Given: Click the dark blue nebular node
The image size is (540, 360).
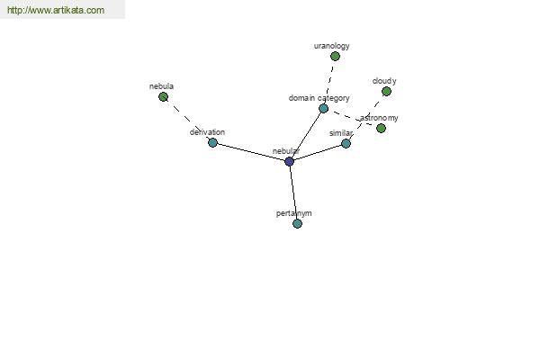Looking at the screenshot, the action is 289,161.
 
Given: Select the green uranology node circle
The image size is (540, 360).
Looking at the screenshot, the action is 335,56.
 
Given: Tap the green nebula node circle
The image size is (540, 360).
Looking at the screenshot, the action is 163,97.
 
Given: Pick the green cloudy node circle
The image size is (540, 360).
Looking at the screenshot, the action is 386,91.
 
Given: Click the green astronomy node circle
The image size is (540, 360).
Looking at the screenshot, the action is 381,128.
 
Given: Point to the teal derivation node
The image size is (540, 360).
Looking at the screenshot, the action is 212,142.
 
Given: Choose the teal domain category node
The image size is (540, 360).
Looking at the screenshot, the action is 323,109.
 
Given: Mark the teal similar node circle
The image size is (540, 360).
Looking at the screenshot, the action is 346,143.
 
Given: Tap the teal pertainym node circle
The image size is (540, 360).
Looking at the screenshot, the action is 297,223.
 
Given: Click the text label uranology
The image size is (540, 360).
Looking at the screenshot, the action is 331,46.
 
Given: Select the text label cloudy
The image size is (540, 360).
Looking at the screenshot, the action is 384,81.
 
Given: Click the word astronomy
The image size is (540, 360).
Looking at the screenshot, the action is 379,118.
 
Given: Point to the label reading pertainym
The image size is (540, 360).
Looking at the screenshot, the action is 293,213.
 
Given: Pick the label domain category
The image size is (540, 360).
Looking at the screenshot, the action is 319,98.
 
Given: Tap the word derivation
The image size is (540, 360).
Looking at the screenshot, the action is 207,132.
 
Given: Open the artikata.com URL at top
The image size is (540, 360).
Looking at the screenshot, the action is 56,10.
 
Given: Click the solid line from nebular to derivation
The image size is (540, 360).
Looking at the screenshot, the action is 251,152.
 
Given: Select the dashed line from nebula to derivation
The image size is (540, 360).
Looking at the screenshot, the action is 188,120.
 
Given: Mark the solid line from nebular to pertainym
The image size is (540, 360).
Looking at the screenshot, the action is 293,193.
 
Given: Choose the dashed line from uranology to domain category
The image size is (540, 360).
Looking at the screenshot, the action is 329,82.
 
